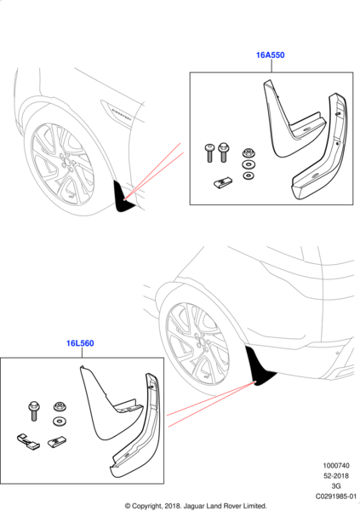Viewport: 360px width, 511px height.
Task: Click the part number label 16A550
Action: point(270,55)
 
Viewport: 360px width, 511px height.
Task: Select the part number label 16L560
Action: point(80,343)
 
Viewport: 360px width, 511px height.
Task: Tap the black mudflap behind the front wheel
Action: point(123,198)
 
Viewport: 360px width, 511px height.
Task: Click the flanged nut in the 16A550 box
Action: point(249,152)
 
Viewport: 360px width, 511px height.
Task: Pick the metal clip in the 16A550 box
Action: point(223,182)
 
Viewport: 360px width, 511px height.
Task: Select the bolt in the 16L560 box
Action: point(33,411)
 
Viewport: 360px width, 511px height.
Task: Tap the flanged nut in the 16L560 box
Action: point(60,406)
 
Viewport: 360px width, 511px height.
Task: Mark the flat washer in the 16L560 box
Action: point(60,421)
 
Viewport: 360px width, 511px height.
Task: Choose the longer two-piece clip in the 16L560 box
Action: point(28,440)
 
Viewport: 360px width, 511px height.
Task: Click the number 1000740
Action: point(336,466)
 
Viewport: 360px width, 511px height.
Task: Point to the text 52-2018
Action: point(336,476)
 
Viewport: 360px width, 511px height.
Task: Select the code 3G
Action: point(336,486)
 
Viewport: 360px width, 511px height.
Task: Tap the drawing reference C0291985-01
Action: point(336,497)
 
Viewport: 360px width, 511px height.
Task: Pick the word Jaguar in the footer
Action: point(194,507)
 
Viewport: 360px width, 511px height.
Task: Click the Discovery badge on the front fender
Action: point(122,113)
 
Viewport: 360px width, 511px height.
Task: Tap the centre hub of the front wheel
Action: point(66,163)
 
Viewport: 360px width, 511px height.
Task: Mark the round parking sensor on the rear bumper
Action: point(338,353)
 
